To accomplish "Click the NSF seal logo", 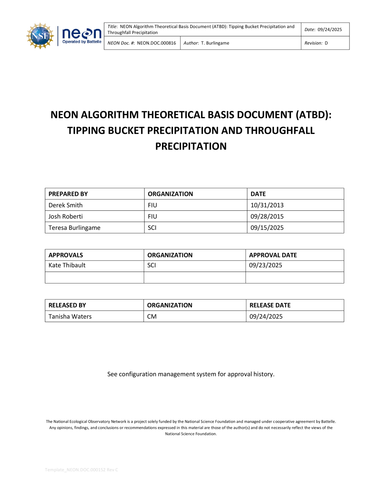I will [40, 36].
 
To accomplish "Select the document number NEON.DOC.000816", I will [156, 43].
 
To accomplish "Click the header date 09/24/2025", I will [330, 29].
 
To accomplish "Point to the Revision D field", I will [316, 43].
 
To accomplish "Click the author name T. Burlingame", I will [215, 43].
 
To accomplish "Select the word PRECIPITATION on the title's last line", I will [191, 146].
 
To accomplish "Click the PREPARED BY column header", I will [68, 194].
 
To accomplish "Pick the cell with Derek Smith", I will [65, 205].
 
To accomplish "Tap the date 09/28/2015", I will [267, 217].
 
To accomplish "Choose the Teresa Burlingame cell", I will [74, 228].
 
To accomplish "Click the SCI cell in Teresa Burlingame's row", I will [152, 228].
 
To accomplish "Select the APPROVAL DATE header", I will [273, 255].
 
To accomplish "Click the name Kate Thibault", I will [67, 265].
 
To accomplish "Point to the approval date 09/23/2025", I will [265, 265].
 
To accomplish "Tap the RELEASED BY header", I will [67, 305].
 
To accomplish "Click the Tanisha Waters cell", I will [70, 316].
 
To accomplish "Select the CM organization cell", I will [152, 316].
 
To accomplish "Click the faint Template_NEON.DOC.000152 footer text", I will [81, 470].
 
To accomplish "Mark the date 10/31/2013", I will [267, 205].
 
